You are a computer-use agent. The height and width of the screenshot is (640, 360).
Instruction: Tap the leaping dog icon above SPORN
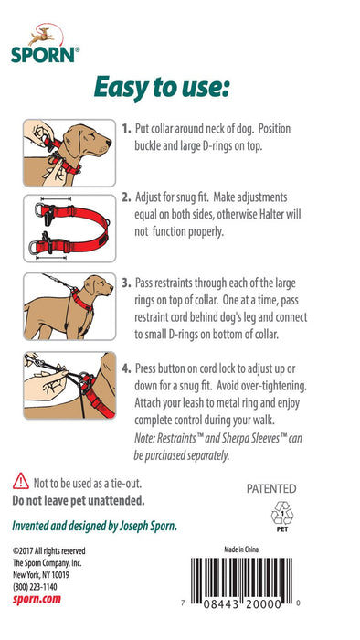tap(38, 36)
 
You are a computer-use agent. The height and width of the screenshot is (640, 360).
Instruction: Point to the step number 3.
tap(126, 283)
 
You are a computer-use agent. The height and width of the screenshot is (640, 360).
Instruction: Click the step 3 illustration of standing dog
tap(69, 304)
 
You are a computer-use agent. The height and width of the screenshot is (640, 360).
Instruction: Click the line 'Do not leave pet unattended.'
tap(79, 501)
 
